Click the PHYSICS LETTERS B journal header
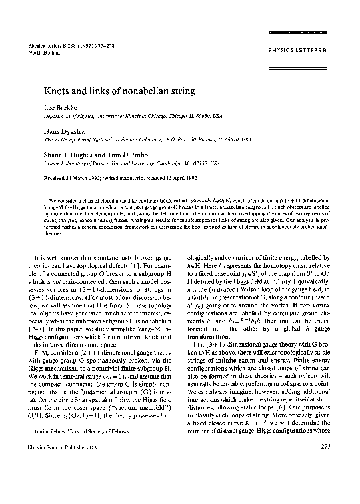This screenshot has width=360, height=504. click(297, 50)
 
